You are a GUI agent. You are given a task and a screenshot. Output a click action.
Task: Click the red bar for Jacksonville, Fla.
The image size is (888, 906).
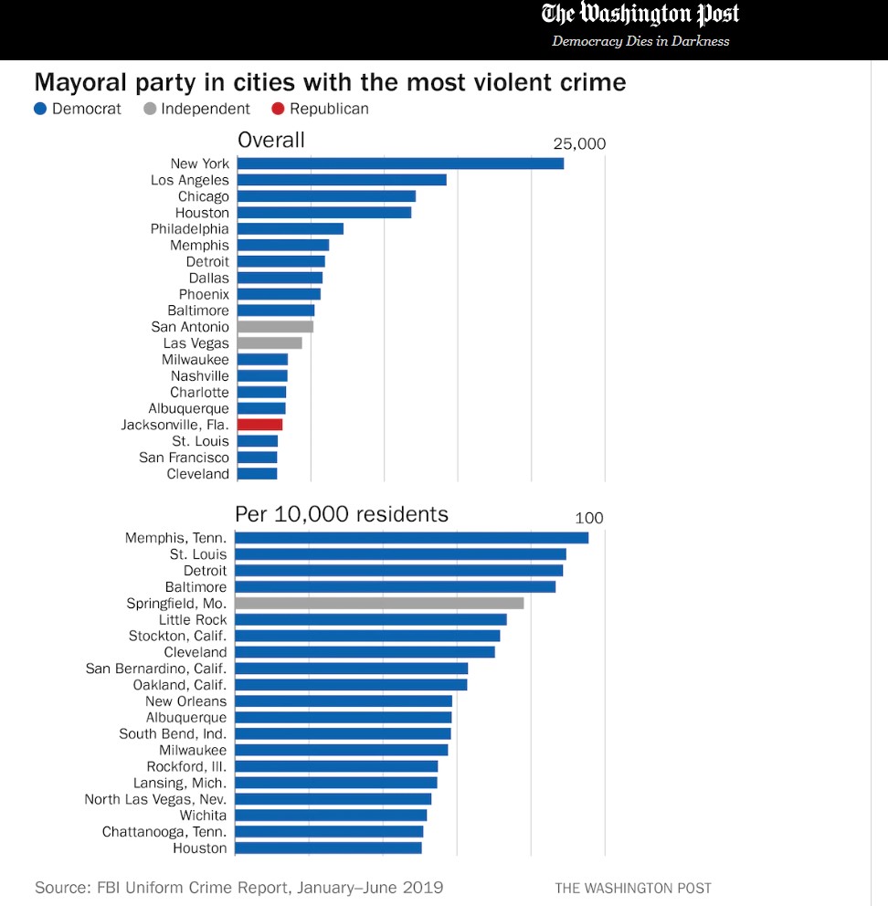[259, 425]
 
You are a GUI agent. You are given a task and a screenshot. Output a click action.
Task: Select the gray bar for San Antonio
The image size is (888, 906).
[275, 327]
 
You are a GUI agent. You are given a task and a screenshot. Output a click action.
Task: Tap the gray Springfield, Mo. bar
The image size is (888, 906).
[379, 604]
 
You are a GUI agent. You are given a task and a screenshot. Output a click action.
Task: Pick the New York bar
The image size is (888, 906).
[400, 163]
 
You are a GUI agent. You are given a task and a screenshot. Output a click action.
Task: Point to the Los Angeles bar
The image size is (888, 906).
[342, 180]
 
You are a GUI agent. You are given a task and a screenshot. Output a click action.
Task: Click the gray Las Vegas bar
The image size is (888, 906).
[270, 343]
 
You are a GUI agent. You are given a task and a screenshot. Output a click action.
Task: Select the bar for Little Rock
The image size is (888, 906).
[370, 620]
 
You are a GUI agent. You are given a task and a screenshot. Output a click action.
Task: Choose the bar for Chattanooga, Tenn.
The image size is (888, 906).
[329, 832]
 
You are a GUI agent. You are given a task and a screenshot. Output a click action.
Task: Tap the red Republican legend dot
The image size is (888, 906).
[279, 110]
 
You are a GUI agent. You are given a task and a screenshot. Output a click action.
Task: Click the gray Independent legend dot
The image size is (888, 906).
[150, 110]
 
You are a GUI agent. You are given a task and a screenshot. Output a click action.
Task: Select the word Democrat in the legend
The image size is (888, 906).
[87, 110]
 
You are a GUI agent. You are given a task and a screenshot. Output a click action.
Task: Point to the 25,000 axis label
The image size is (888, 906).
[579, 144]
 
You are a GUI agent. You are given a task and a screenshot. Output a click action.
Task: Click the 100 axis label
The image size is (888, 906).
[589, 519]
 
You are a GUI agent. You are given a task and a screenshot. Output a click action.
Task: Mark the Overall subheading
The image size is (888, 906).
[271, 140]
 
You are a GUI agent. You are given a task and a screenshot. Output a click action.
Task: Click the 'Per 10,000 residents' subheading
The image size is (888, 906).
[342, 514]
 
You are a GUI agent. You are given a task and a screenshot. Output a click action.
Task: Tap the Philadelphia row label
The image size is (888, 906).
[189, 229]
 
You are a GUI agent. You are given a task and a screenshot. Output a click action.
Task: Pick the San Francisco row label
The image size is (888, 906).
[184, 458]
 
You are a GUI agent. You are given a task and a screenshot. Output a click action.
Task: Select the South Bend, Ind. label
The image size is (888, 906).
[173, 734]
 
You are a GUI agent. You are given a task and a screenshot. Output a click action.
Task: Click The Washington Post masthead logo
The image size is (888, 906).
[640, 15]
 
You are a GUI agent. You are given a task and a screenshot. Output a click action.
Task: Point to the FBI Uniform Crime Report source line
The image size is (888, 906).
[238, 888]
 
